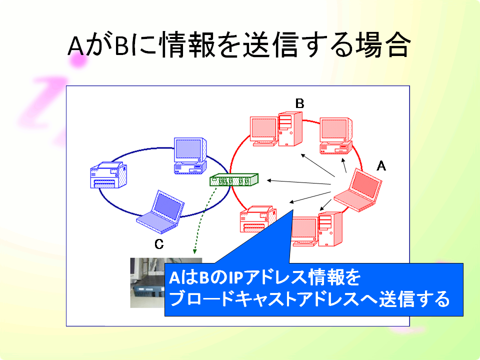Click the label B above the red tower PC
299,103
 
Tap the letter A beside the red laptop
381,166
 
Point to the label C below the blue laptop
159,244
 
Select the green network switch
234,179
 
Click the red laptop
358,190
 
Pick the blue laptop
160,212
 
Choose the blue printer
108,175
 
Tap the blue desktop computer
190,156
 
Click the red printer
258,219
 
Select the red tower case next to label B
290,129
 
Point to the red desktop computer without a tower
336,135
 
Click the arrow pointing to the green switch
299,182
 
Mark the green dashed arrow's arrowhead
194,251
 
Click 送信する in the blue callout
414,299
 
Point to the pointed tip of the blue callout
293,210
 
